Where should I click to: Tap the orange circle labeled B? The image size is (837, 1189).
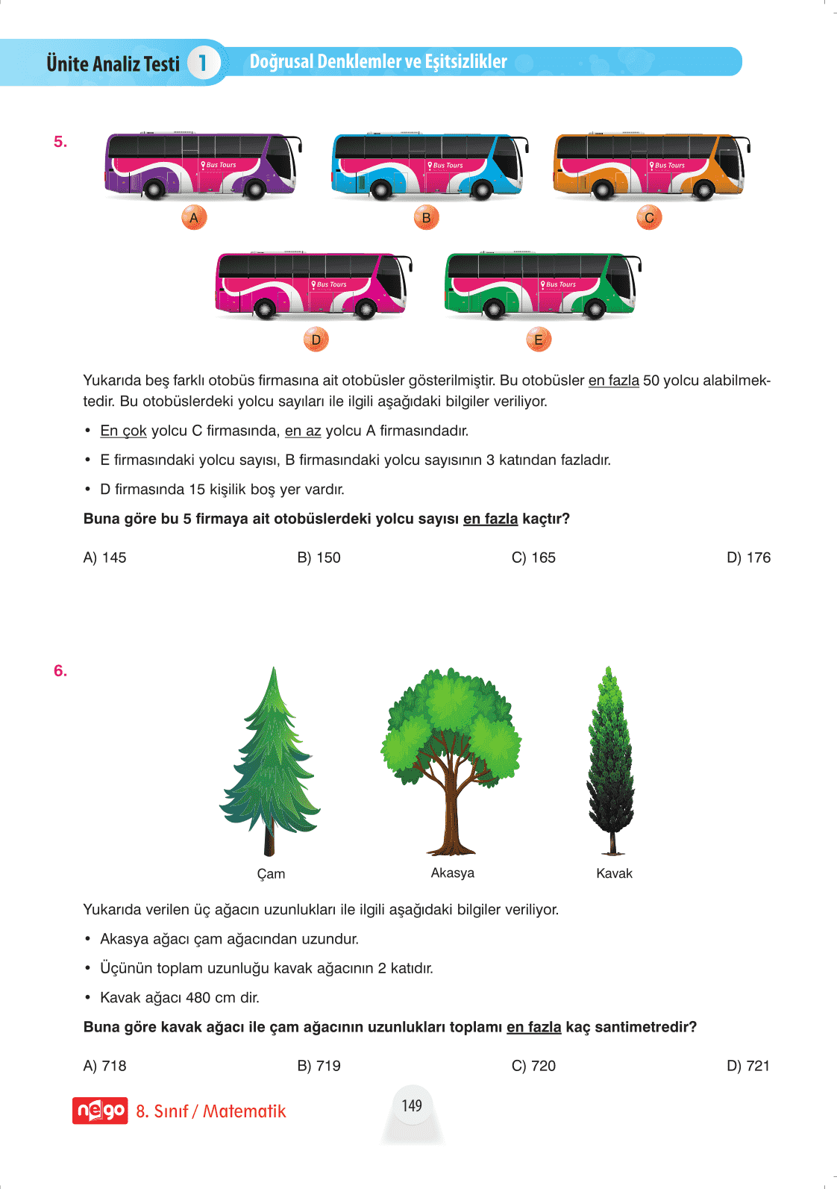pyautogui.click(x=426, y=218)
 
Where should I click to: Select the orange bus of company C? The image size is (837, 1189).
pyautogui.click(x=650, y=166)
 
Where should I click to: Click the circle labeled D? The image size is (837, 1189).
pyautogui.click(x=316, y=340)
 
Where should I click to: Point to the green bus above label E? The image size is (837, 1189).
pyautogui.click(x=542, y=284)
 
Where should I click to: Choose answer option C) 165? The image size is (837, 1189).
pyautogui.click(x=533, y=558)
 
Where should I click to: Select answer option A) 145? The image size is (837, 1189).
pyautogui.click(x=104, y=558)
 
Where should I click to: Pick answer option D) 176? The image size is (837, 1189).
pyautogui.click(x=748, y=558)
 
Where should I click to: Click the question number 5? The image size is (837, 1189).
pyautogui.click(x=60, y=142)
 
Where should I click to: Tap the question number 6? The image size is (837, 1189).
pyautogui.click(x=60, y=671)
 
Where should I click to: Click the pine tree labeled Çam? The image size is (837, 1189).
pyautogui.click(x=270, y=761)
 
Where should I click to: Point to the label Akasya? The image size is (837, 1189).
pyautogui.click(x=452, y=873)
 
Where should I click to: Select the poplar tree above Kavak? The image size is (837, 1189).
pyautogui.click(x=611, y=761)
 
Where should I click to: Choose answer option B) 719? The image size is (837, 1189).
pyautogui.click(x=319, y=1066)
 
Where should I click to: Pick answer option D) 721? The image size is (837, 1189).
pyautogui.click(x=748, y=1066)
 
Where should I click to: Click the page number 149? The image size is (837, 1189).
pyautogui.click(x=412, y=1106)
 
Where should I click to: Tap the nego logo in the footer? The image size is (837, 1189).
pyautogui.click(x=100, y=1111)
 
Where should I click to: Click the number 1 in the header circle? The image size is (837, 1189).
pyautogui.click(x=202, y=63)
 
